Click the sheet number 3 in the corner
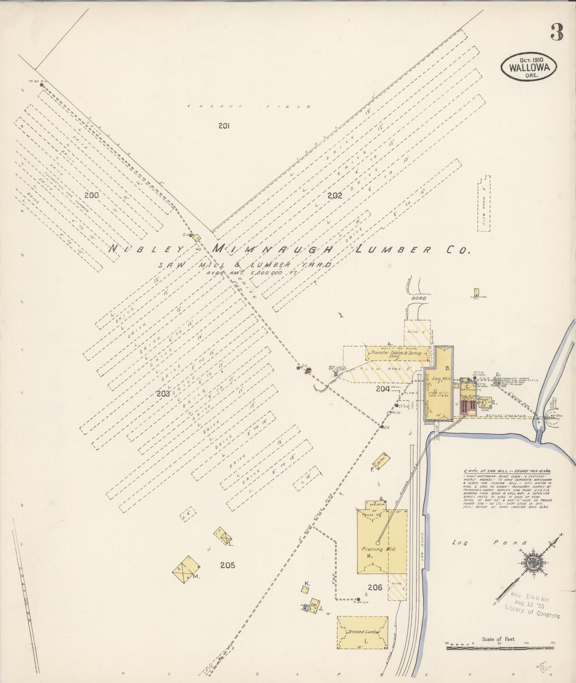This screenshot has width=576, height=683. [557, 33]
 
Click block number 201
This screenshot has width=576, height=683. [224, 126]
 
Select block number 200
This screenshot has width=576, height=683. [91, 195]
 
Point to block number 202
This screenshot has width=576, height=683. [334, 195]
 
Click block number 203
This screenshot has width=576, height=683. [163, 393]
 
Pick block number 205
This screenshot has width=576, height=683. [227, 565]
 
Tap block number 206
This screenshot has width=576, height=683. [375, 587]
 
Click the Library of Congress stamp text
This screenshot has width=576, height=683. [532, 615]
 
